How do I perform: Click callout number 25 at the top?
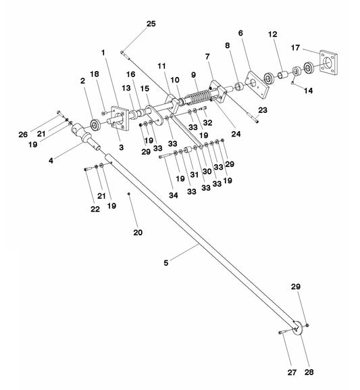(151, 24)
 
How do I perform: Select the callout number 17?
(295, 47)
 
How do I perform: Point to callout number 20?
(138, 233)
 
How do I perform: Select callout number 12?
(272, 34)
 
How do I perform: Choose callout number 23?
(263, 110)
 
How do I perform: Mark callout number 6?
(240, 33)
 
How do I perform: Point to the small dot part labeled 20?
(128, 194)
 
